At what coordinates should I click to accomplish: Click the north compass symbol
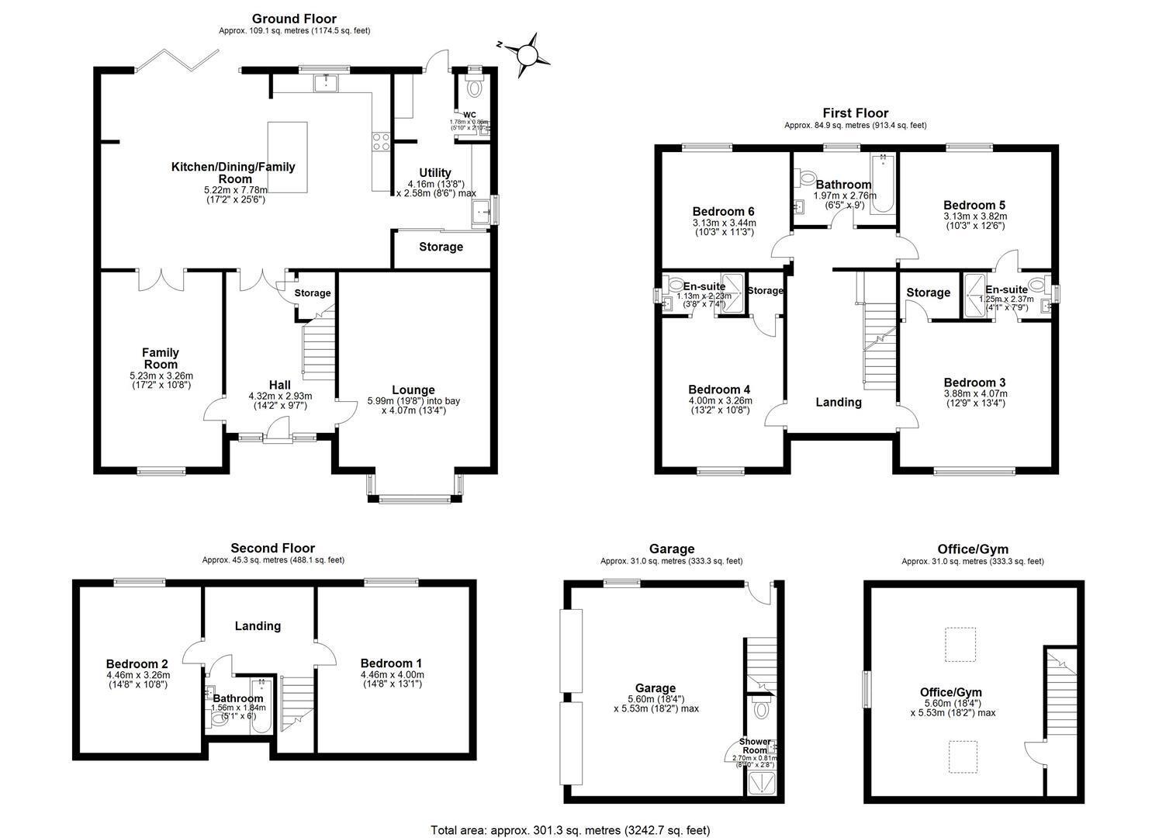click(x=527, y=54)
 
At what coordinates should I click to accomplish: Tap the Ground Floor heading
click(x=293, y=19)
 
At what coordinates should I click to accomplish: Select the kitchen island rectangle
click(x=287, y=158)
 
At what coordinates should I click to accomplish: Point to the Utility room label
click(x=435, y=172)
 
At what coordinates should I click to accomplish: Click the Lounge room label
click(x=413, y=390)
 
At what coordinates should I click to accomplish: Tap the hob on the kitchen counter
click(x=382, y=141)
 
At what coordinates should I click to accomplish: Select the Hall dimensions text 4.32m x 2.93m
click(x=279, y=396)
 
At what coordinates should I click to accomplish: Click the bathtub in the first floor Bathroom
click(x=882, y=185)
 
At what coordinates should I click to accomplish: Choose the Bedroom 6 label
click(x=723, y=211)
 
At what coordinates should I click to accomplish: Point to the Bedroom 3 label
click(x=974, y=383)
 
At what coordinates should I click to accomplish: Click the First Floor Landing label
click(x=838, y=402)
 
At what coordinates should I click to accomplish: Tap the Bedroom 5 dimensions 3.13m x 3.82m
click(x=974, y=216)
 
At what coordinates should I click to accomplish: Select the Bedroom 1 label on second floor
click(x=391, y=663)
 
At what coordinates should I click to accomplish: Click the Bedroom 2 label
click(x=137, y=664)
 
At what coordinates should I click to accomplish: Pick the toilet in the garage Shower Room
click(x=760, y=709)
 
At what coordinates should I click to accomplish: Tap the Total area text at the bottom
click(x=570, y=830)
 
